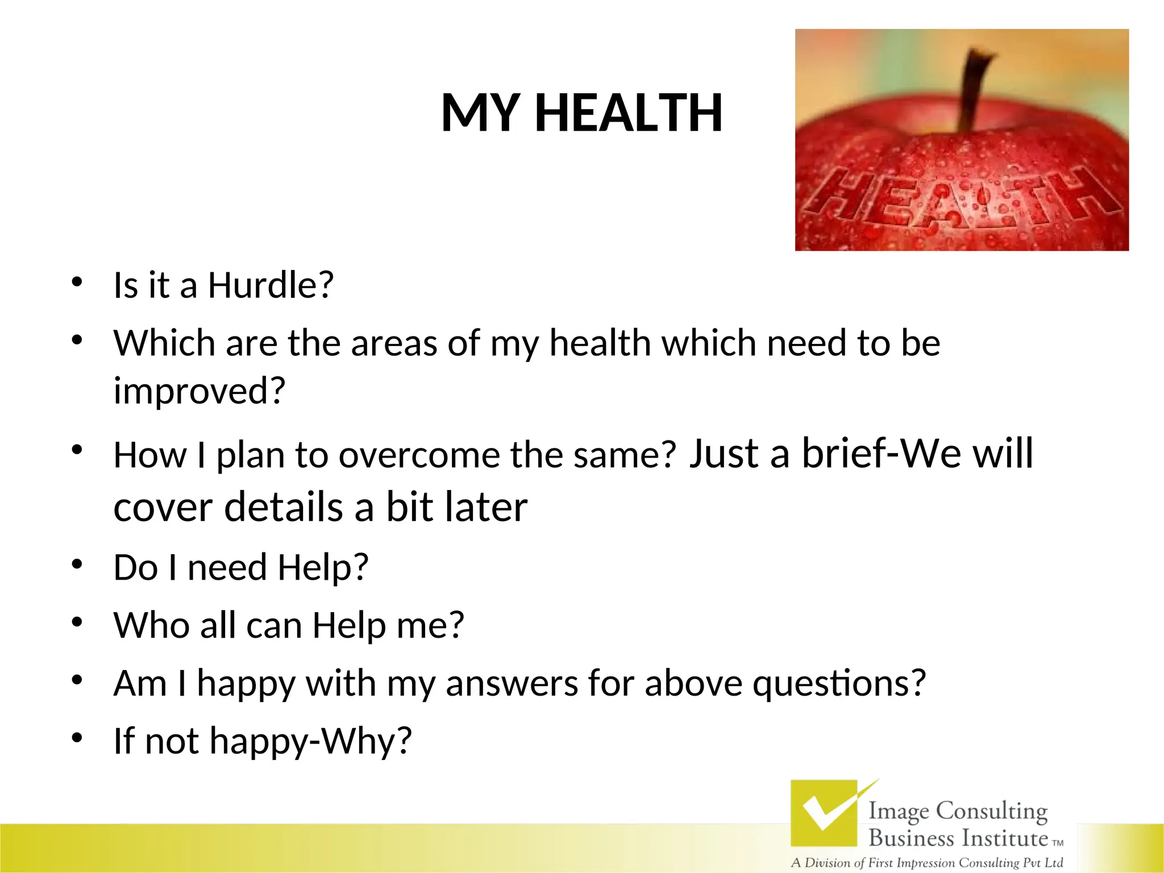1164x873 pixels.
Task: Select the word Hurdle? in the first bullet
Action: [271, 285]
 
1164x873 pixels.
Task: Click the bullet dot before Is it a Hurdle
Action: [77, 281]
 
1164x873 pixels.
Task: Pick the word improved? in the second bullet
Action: [199, 391]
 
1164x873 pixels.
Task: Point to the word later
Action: [486, 507]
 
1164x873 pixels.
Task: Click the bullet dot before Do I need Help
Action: [77, 564]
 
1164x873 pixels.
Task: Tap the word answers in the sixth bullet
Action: [512, 683]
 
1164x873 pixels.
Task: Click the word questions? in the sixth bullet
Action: [839, 683]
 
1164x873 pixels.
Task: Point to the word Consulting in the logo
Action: [991, 811]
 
